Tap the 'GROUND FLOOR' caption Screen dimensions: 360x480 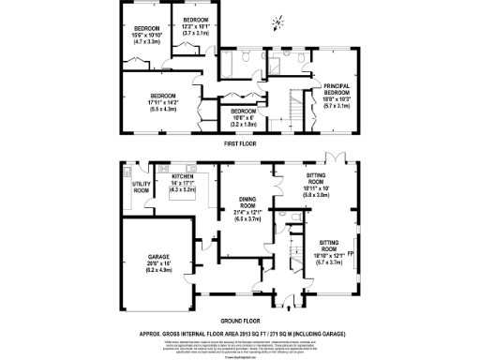click(x=240, y=319)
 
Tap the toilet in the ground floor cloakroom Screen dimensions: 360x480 click(x=294, y=241)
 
